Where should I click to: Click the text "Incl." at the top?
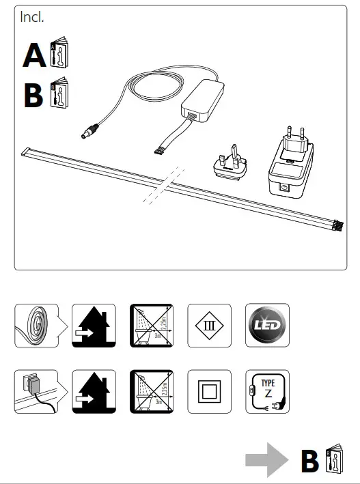(x=32, y=18)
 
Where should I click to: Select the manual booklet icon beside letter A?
(x=60, y=56)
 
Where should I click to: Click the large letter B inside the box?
(x=33, y=95)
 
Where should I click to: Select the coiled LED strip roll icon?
(x=36, y=325)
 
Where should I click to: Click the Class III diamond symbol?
(x=209, y=325)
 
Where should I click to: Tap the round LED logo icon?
(x=267, y=325)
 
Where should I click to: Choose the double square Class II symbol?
(x=209, y=391)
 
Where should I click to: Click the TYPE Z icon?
(x=267, y=391)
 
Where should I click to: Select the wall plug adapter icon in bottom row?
(x=36, y=391)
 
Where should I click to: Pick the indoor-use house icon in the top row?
(x=94, y=325)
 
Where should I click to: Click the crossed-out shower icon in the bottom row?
(x=152, y=391)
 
